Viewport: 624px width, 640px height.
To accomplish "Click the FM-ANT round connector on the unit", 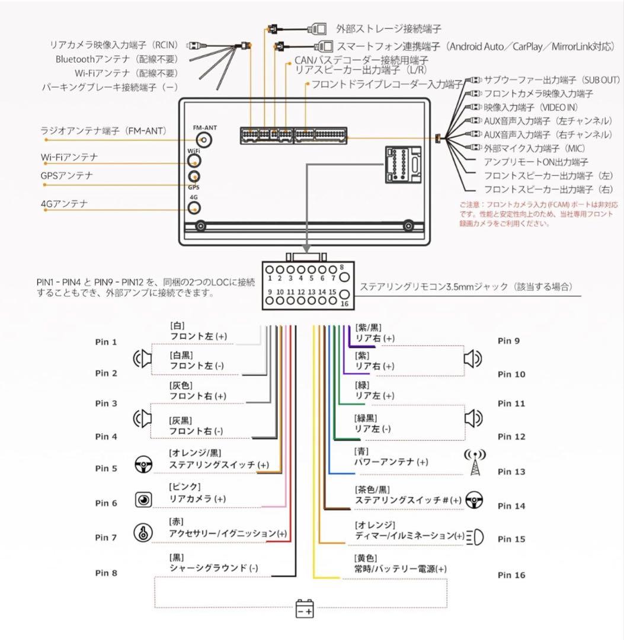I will click(x=204, y=140).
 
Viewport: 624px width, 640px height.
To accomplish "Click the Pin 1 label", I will click(x=106, y=342).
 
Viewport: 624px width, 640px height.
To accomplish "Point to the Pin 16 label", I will click(x=511, y=575).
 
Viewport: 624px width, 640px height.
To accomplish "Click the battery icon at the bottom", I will click(x=305, y=609).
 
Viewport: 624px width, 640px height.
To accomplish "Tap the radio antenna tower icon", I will click(x=474, y=462).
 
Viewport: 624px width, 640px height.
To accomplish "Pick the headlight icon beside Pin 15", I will click(x=475, y=537).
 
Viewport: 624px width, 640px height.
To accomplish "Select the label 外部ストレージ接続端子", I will click(x=388, y=28).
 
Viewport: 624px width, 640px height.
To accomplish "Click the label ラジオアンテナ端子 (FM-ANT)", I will click(x=103, y=130).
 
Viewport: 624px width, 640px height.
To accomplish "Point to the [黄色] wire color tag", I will click(x=365, y=558).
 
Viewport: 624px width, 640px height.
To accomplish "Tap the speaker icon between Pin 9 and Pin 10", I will click(x=472, y=358).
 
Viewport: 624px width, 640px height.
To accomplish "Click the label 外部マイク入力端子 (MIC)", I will click(x=535, y=148).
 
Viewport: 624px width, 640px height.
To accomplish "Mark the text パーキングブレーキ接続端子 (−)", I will click(x=110, y=87).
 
